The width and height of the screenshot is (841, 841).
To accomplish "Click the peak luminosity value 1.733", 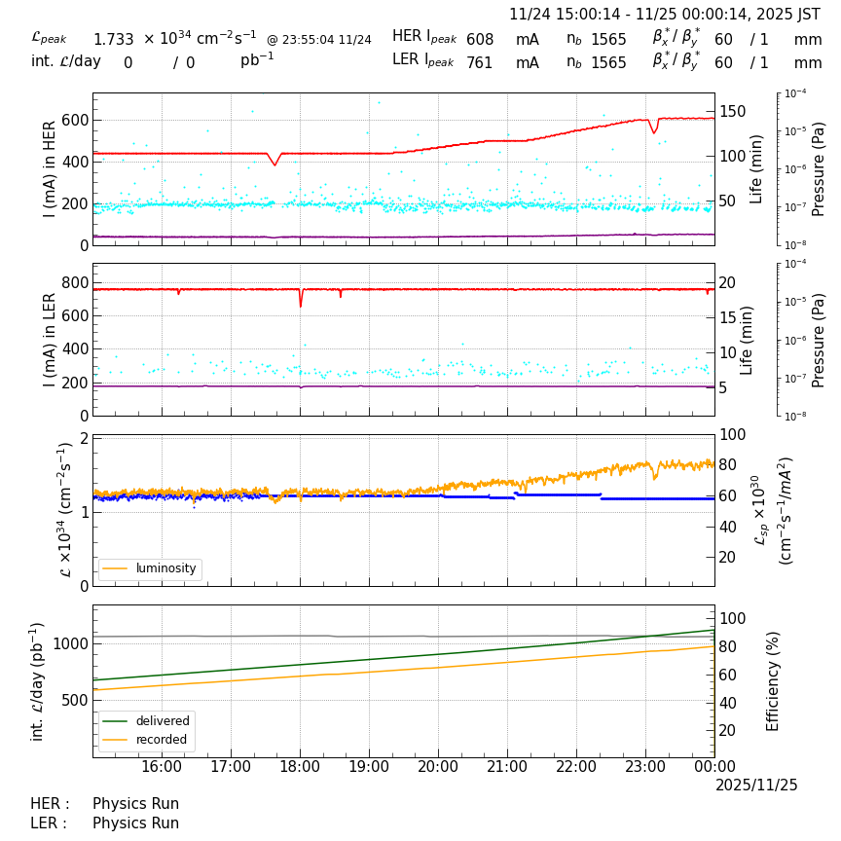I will click(113, 40).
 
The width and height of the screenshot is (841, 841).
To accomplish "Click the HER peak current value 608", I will click(480, 40).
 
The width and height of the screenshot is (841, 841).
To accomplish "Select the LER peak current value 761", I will click(480, 63).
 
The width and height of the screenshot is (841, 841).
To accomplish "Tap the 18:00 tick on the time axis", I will click(300, 767).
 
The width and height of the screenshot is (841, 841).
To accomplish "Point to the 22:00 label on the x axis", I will click(576, 767).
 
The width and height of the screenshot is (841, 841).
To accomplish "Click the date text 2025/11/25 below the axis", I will click(756, 786).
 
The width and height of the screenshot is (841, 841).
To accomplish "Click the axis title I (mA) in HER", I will click(50, 169).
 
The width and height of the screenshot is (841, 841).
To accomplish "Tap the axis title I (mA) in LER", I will click(50, 340).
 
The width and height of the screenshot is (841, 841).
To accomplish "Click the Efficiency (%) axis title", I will click(774, 680).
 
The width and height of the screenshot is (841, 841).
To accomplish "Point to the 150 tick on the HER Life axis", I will click(732, 112).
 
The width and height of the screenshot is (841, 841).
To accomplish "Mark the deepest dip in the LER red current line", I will click(300, 306).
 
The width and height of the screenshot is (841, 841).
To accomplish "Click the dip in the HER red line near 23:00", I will click(654, 132).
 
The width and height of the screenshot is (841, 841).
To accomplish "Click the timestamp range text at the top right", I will click(665, 15).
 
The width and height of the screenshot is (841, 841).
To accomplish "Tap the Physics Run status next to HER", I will click(135, 804).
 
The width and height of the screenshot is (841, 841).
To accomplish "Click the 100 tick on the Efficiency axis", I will click(732, 618).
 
